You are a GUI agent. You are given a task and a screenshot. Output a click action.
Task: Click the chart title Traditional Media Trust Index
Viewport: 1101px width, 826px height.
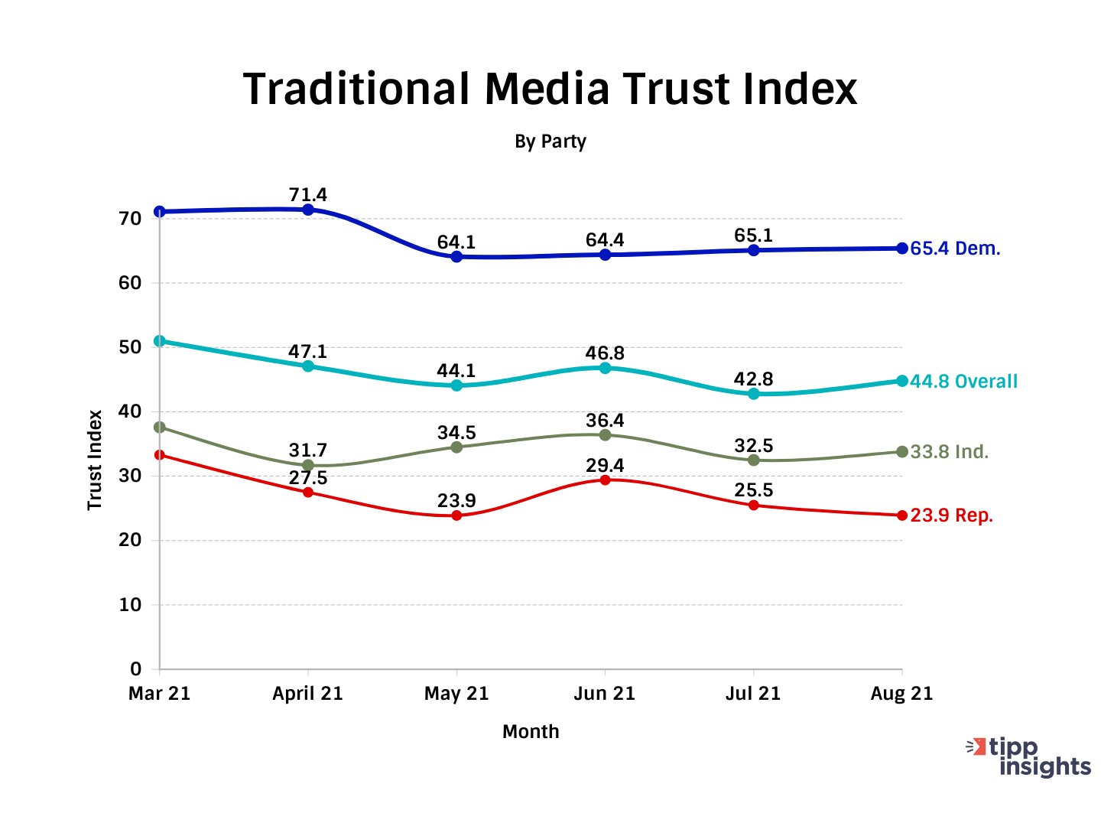click(550, 89)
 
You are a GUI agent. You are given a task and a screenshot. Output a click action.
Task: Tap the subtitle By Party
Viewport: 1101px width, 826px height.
click(550, 141)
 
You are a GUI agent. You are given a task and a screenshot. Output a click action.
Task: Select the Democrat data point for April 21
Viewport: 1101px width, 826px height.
click(308, 210)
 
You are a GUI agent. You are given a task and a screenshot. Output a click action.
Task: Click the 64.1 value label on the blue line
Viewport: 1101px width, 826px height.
click(456, 242)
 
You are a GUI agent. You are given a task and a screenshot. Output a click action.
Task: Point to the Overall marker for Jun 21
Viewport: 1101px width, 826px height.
click(605, 368)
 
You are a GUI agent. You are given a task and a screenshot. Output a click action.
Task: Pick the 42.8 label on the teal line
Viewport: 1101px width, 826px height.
click(753, 379)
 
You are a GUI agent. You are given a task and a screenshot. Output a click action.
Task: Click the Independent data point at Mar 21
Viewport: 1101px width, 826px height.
click(159, 428)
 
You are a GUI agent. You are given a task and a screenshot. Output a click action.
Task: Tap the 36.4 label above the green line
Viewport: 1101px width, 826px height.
click(605, 421)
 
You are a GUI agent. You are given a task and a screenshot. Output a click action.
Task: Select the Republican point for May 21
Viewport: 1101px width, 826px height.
click(456, 515)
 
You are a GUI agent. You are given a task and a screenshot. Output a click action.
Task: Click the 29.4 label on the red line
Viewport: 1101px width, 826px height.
click(605, 466)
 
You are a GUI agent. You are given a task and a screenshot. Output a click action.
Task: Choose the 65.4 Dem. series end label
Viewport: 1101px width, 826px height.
click(955, 249)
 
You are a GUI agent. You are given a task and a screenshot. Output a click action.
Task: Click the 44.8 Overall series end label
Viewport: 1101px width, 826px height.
click(963, 381)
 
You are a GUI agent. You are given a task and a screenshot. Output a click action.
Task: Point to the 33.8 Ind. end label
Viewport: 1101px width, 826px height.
click(949, 452)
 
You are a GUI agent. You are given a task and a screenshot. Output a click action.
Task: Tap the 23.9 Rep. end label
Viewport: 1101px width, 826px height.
click(951, 515)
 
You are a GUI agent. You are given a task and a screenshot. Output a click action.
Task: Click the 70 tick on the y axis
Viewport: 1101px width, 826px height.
click(131, 219)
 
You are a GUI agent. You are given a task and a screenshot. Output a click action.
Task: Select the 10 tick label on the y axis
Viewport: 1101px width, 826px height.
click(131, 605)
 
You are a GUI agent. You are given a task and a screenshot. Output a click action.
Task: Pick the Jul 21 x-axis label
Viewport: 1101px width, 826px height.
click(753, 694)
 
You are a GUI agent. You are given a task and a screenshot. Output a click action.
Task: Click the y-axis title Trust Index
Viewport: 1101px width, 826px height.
click(95, 460)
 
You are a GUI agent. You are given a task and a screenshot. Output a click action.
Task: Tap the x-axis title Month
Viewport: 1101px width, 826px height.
click(531, 732)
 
